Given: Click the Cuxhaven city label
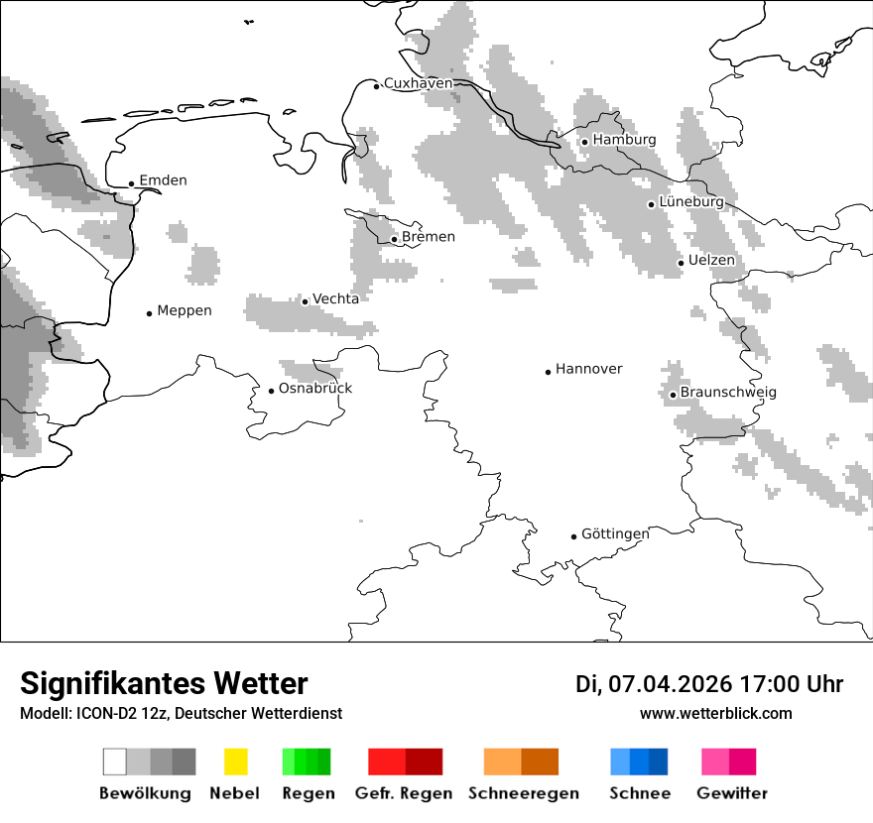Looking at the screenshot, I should [418, 83].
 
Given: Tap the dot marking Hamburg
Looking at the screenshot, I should [584, 142].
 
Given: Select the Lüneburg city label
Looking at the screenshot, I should [691, 201].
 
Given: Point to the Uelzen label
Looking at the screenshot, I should [711, 261].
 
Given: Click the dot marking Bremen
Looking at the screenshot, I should [394, 239].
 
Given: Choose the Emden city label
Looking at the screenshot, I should [163, 180].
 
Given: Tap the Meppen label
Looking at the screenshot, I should [185, 310].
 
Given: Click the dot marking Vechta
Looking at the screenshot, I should [305, 301].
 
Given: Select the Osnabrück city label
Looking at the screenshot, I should [315, 388].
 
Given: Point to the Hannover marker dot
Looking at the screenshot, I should [548, 372].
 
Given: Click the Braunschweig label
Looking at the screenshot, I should [728, 393].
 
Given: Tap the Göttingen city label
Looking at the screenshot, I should [615, 533].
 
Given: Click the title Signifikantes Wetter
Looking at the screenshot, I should [164, 684].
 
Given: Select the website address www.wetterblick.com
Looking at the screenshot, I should [715, 713].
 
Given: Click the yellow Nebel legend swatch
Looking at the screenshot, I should [235, 762].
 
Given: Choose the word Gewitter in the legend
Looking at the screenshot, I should [731, 793].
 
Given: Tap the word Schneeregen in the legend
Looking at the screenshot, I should [523, 793].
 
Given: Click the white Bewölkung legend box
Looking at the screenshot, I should [115, 762].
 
